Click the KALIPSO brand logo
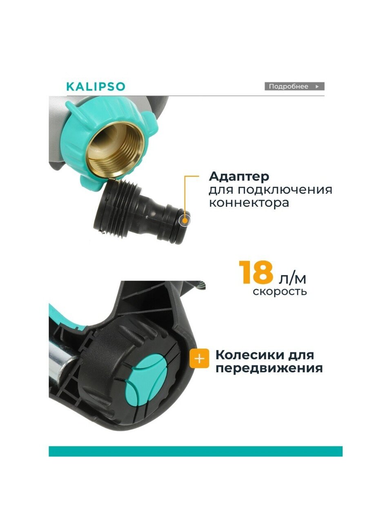tap(96, 86)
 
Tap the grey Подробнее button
tap(294, 86)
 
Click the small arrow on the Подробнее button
tap(317, 86)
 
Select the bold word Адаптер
tap(239, 177)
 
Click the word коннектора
tap(249, 203)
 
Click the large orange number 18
tap(256, 272)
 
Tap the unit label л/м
tap(292, 279)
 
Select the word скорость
tap(280, 292)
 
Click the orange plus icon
tap(199, 365)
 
